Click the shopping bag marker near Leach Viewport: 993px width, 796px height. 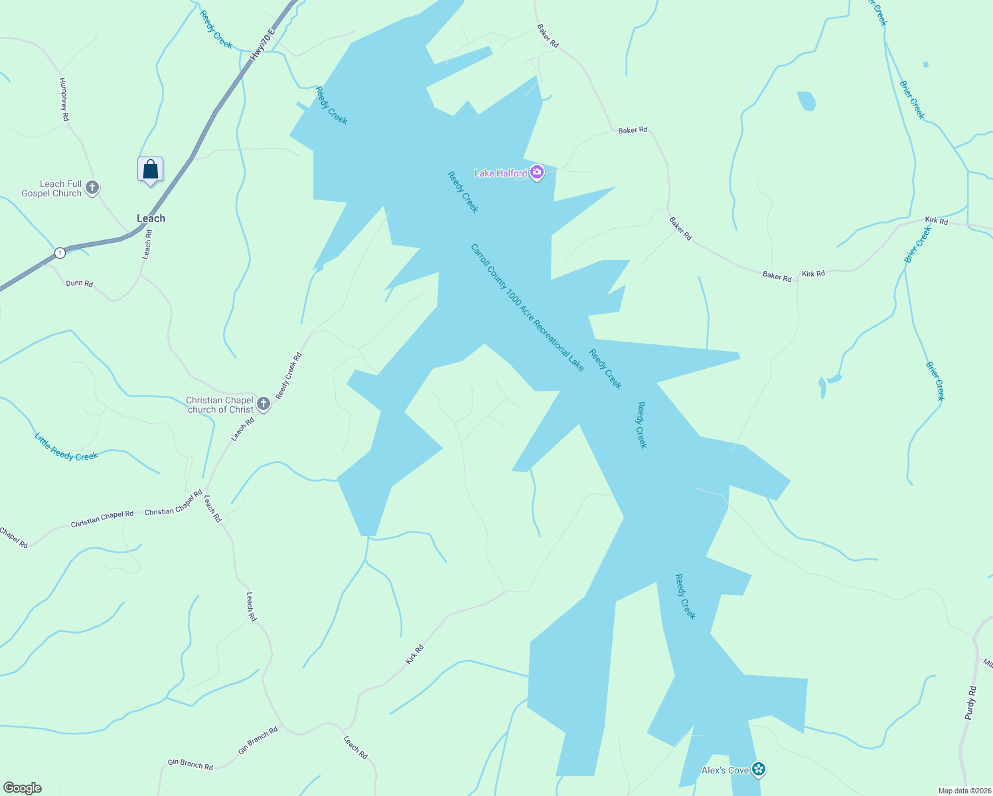tap(150, 170)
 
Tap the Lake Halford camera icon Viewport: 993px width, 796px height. tap(537, 173)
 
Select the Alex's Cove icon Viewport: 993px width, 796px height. tap(759, 770)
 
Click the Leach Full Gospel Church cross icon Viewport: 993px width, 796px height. tap(92, 188)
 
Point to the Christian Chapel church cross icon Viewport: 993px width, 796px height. tap(263, 404)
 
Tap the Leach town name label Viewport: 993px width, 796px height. tap(151, 218)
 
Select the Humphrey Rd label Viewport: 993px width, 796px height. tap(64, 99)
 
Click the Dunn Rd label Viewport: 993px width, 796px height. tap(79, 283)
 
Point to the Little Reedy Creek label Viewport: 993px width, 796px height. tap(66, 447)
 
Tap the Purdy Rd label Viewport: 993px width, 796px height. tap(970, 703)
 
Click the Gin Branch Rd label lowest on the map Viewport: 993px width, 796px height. tap(190, 764)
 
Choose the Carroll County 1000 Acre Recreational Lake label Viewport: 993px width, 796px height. tap(527, 307)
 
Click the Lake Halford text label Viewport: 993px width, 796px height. tap(500, 173)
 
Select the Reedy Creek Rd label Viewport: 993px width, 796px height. tap(289, 375)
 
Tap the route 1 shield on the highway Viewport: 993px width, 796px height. tap(60, 253)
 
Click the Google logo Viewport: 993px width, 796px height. tap(22, 788)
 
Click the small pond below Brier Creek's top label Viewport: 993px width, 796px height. tap(806, 101)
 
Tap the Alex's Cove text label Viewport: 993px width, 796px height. tap(725, 770)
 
